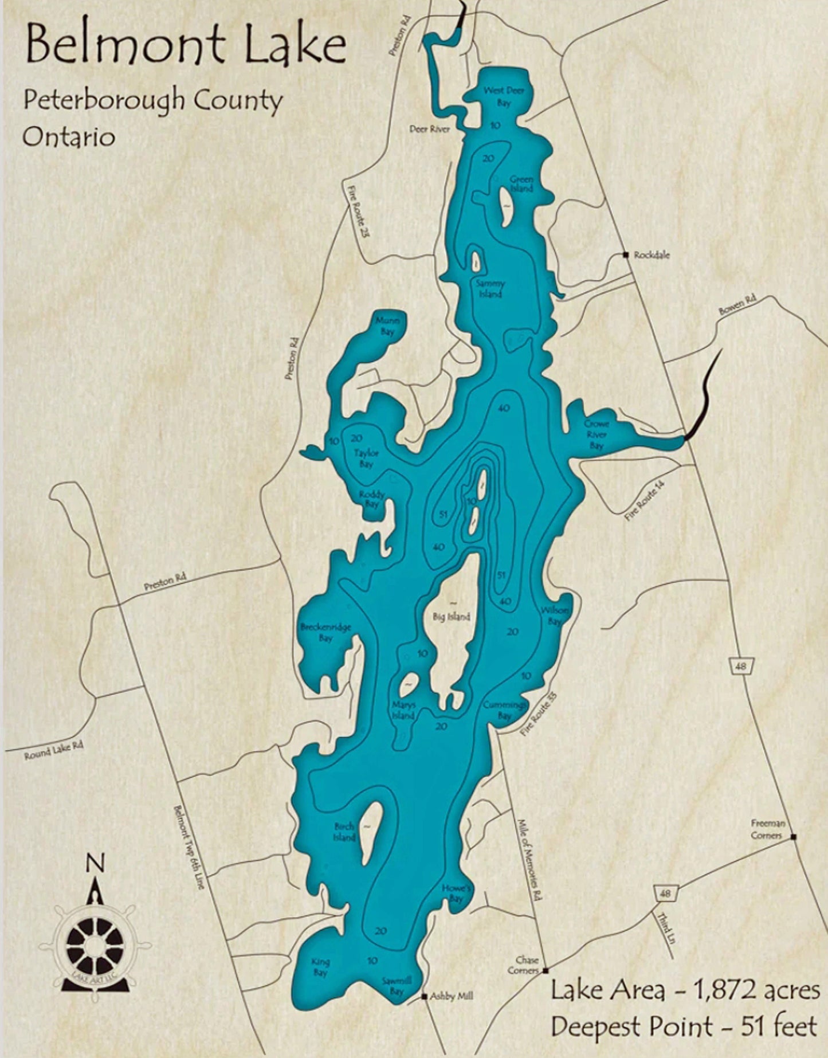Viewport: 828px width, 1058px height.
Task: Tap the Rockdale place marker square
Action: click(x=626, y=255)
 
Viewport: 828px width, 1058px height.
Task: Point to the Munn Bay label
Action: click(x=388, y=327)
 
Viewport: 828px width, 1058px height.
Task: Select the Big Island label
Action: click(x=452, y=617)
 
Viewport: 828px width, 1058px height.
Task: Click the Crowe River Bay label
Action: click(x=597, y=434)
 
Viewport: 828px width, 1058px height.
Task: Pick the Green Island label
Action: click(x=521, y=184)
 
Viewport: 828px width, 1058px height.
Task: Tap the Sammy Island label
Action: click(x=490, y=289)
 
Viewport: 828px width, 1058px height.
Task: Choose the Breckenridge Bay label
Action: click(x=325, y=632)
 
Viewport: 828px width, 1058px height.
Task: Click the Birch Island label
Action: click(x=344, y=832)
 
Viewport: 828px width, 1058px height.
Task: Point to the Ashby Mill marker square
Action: click(x=425, y=996)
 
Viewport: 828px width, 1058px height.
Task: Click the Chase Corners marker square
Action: click(x=546, y=970)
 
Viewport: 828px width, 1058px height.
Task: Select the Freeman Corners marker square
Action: click(x=794, y=837)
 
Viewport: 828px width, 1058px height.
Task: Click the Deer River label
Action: click(x=430, y=130)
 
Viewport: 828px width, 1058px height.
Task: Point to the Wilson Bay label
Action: click(x=555, y=616)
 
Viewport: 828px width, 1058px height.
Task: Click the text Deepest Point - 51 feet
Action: click(x=684, y=1026)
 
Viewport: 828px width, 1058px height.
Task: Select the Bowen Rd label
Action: click(x=738, y=305)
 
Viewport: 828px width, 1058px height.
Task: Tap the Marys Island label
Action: click(x=403, y=711)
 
